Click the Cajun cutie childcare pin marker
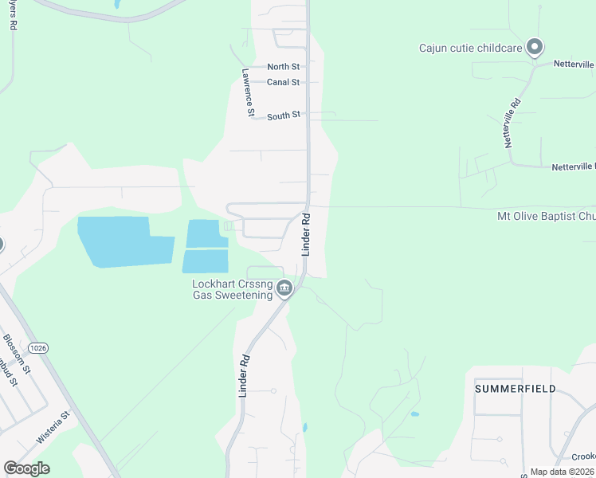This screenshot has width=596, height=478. (x=535, y=47)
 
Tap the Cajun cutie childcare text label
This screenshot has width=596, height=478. (x=470, y=48)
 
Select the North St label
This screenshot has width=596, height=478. (x=283, y=67)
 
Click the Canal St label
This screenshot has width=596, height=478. (x=283, y=82)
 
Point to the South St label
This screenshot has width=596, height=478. (x=283, y=116)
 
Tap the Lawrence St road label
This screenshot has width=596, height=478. (x=248, y=92)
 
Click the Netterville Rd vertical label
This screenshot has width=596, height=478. (x=512, y=123)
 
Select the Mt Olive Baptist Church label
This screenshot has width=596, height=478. (x=546, y=216)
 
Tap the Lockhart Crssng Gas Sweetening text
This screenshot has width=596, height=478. (x=232, y=289)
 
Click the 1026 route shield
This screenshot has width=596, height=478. (x=37, y=348)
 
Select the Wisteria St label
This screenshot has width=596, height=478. (x=53, y=427)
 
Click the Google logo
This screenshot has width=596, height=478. (x=26, y=468)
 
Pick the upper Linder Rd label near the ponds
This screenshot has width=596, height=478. (x=305, y=233)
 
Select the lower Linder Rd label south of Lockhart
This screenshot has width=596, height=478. (x=245, y=375)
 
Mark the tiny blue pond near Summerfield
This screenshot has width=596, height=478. (x=414, y=414)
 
